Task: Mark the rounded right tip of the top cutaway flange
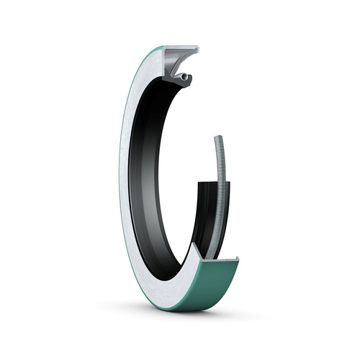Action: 197,50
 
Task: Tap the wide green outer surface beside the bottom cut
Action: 216,281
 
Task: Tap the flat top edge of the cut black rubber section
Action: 209,183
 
